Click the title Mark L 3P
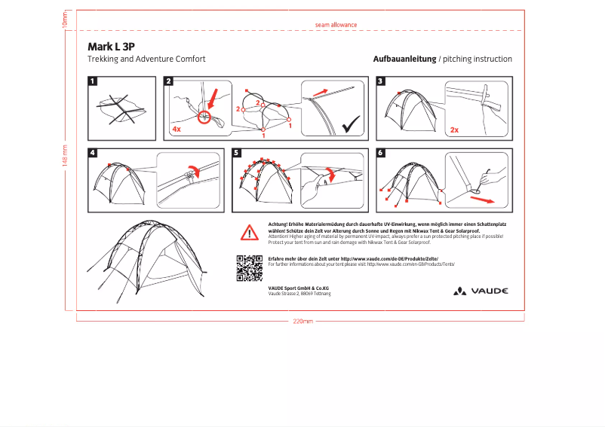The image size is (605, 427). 111,46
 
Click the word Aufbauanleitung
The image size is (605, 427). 404,59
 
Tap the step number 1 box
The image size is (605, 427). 93,81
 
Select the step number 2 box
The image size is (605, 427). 168,81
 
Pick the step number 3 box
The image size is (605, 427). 381,81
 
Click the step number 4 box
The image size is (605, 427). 93,153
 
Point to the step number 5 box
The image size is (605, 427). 237,153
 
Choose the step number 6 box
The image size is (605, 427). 381,153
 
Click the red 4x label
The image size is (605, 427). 177,130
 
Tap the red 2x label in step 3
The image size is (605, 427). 454,130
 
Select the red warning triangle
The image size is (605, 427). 250,232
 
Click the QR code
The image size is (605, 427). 249,268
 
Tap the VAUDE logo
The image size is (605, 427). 481,291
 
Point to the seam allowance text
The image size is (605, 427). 336,25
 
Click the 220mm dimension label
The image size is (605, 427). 302,322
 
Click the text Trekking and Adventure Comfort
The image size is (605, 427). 146,59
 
